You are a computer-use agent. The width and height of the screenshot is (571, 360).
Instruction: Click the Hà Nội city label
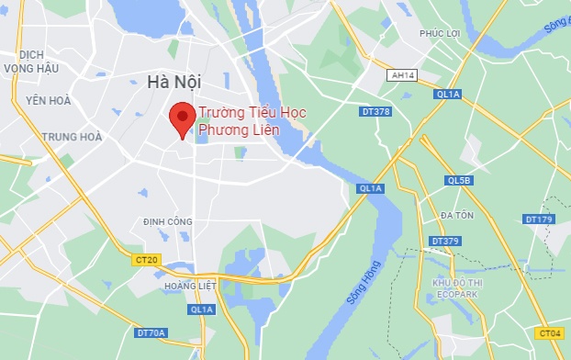click(x=174, y=83)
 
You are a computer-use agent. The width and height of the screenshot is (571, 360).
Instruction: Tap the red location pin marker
click(x=182, y=120)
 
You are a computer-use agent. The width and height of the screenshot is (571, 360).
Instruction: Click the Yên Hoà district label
click(x=48, y=100)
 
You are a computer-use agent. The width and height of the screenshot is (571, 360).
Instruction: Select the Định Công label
click(x=168, y=221)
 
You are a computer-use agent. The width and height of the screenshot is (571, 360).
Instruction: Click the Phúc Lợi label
click(x=439, y=34)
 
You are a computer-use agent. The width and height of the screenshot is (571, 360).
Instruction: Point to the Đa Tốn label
click(x=456, y=215)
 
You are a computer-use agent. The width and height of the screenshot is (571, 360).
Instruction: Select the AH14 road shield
click(x=402, y=75)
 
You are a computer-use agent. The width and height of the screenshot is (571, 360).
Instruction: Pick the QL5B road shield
click(x=457, y=181)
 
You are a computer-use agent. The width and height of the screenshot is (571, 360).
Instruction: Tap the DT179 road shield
click(x=539, y=219)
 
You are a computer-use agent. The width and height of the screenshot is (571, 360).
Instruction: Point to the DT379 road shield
click(x=444, y=242)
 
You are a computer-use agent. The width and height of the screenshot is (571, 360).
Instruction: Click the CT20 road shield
click(x=146, y=261)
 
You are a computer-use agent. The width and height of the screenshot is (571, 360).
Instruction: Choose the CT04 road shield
click(x=550, y=333)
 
